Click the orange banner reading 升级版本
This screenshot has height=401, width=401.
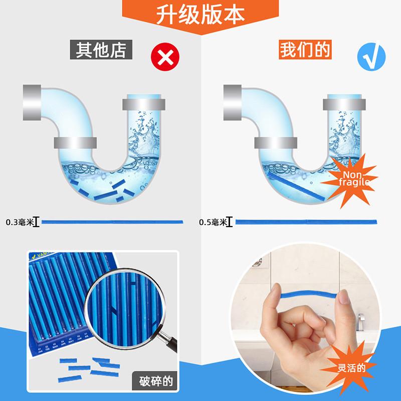pos(200,14)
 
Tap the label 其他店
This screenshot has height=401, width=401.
pos(100,50)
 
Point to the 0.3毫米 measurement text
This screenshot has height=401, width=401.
pos(19,222)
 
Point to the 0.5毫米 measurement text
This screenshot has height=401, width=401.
pos(212,222)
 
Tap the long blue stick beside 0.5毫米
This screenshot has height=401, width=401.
pos(307,221)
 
